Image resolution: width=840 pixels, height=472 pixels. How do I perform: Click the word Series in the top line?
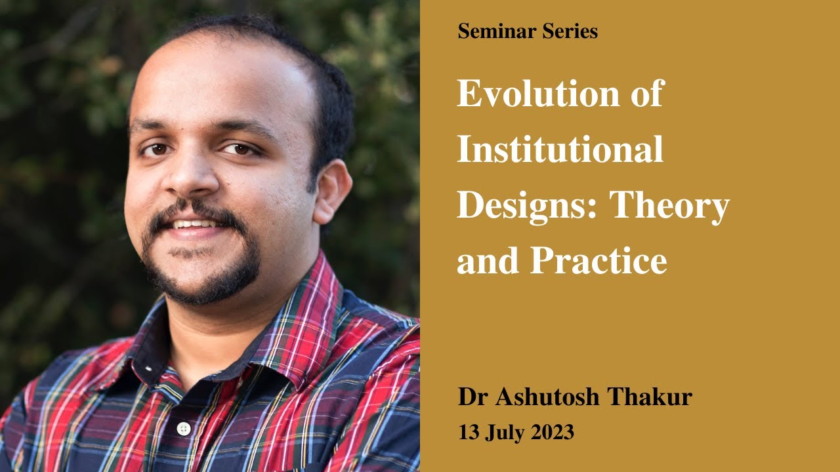(567, 31)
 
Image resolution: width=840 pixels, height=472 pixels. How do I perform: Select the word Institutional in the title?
(560, 149)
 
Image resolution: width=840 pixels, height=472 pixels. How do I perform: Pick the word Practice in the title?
(598, 261)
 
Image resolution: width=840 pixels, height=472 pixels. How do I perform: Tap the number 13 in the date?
(469, 433)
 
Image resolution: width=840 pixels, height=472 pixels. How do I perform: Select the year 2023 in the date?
(553, 433)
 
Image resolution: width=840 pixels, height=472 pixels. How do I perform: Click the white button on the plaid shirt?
(184, 429)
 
